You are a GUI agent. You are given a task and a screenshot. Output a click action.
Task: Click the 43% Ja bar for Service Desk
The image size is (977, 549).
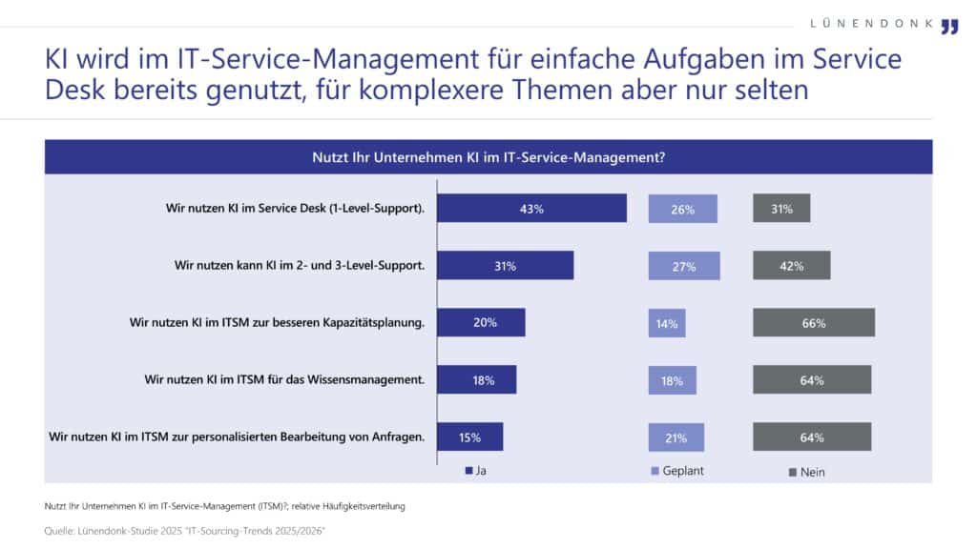click(532, 209)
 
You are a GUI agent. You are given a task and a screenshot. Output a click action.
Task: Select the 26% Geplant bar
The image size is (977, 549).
click(682, 209)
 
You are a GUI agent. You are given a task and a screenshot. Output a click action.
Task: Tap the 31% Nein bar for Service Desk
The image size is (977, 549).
click(781, 209)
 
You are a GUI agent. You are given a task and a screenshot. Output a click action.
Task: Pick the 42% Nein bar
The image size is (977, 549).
click(791, 266)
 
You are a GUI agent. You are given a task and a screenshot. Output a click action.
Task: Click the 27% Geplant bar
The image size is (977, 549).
click(683, 266)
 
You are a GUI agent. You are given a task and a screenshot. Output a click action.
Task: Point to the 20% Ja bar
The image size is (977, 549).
click(482, 322)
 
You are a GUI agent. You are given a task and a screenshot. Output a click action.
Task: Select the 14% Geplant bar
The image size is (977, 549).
click(666, 323)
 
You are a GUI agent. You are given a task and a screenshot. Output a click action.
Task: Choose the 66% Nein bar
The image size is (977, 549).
click(813, 323)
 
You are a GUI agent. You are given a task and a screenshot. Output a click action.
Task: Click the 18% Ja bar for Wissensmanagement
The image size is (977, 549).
click(477, 379)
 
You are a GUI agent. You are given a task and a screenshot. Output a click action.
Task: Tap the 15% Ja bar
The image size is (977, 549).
click(470, 437)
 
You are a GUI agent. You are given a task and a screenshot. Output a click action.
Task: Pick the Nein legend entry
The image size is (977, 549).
click(806, 471)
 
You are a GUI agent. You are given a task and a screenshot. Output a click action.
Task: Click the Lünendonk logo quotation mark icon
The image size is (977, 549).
click(948, 26)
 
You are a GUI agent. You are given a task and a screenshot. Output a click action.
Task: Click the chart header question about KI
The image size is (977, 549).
click(488, 156)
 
